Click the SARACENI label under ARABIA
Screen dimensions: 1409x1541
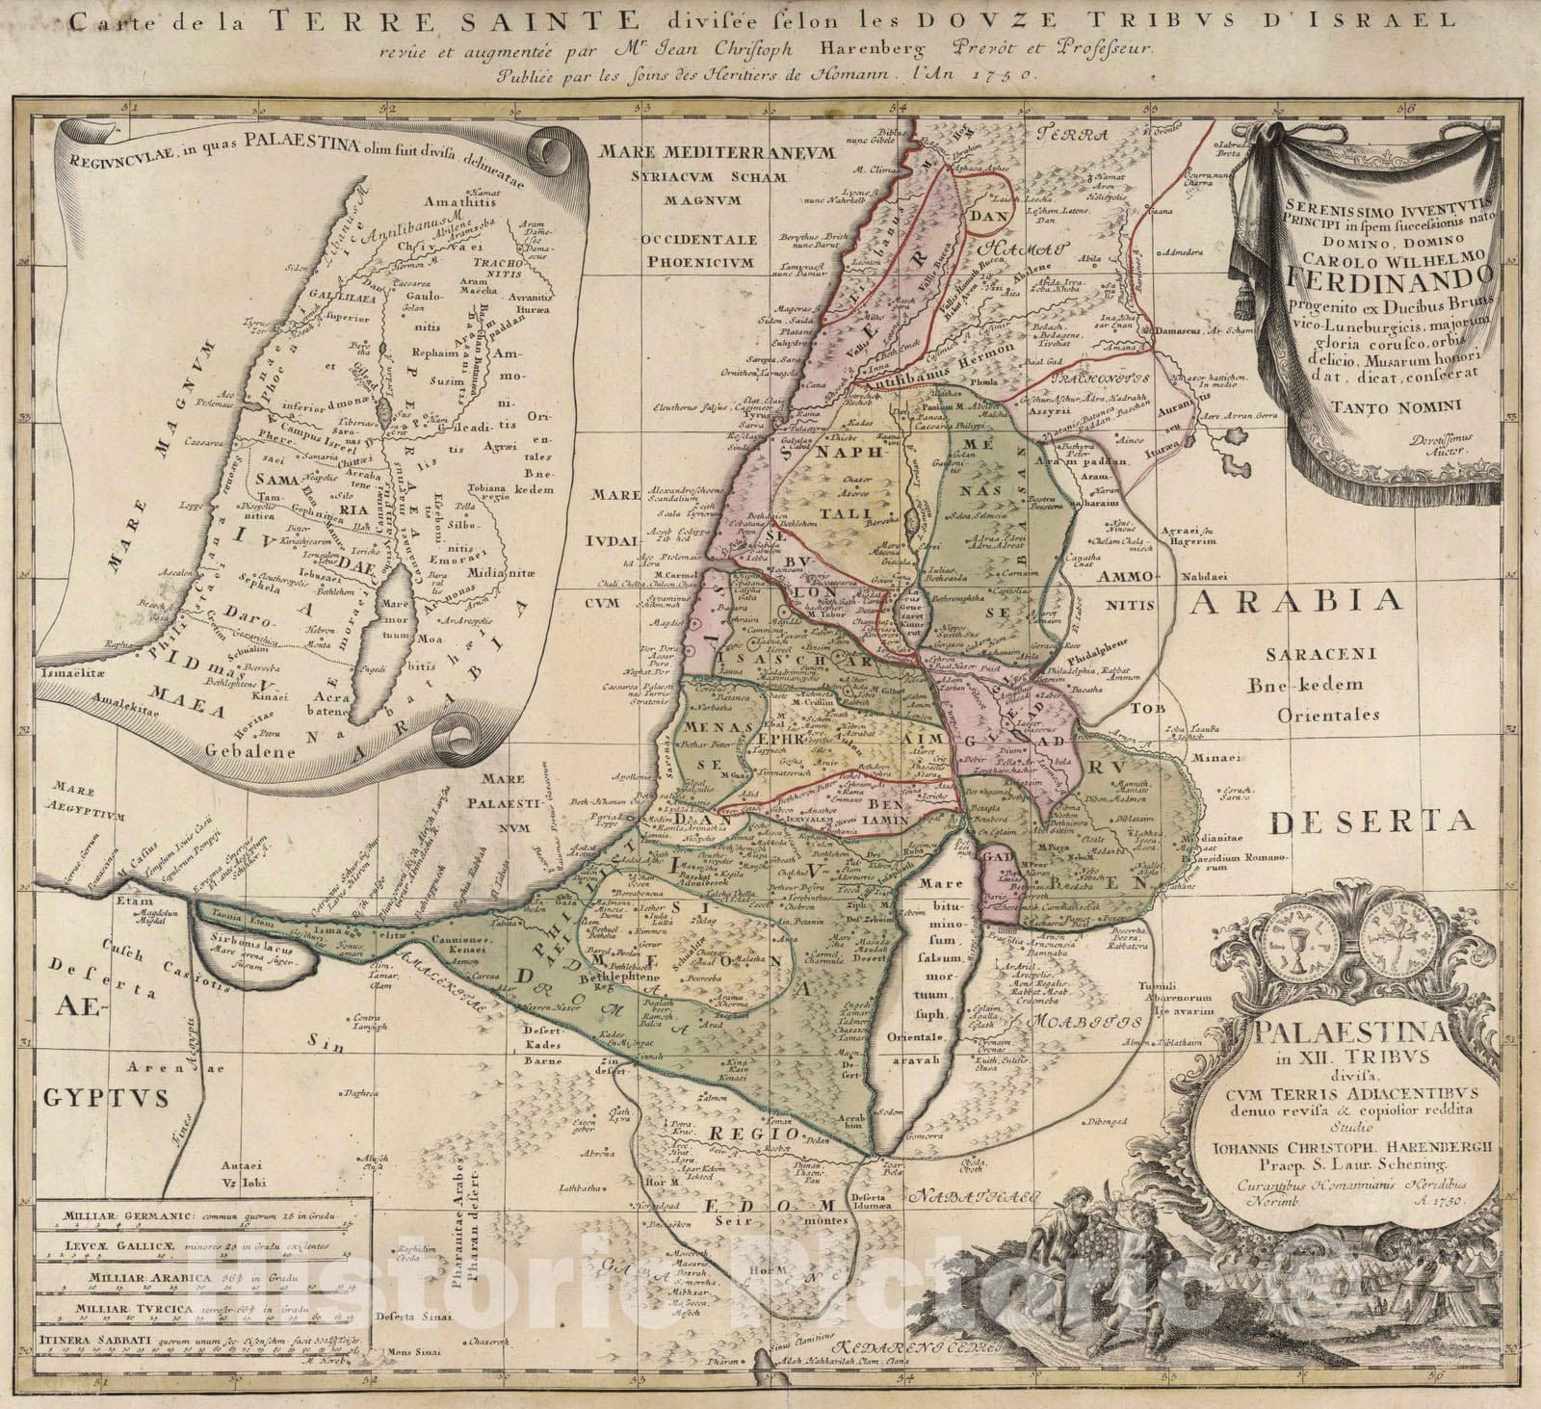(x=1319, y=655)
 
